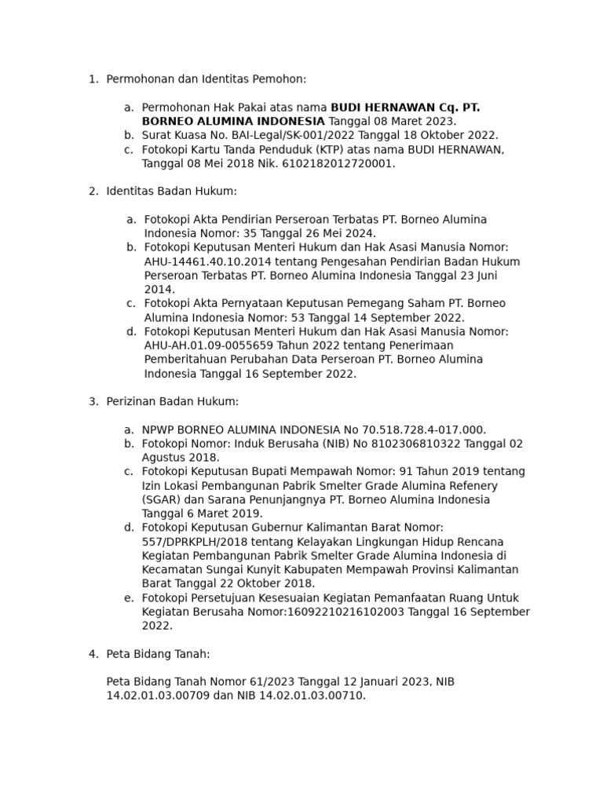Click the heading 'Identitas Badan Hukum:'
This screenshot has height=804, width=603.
[x=171, y=192]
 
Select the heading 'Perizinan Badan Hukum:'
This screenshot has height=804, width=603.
[x=172, y=402]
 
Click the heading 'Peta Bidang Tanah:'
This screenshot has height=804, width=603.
[x=158, y=654]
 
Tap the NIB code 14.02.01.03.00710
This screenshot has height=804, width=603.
[x=312, y=696]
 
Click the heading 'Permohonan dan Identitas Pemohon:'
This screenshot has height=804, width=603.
[x=206, y=79]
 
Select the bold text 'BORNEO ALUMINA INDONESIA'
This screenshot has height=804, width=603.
[x=233, y=121]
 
